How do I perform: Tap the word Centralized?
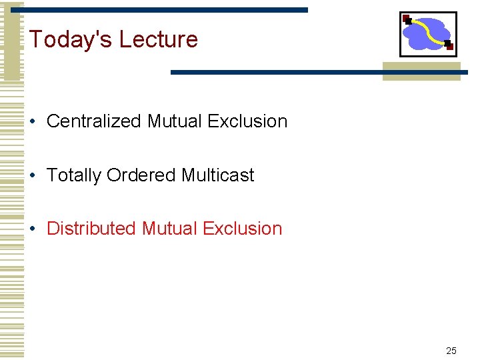94,121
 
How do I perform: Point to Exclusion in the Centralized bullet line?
247,121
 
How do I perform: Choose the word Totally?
74,175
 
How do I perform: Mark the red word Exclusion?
242,228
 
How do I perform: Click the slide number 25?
451,351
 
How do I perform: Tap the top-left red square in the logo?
406,19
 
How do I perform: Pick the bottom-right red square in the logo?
449,46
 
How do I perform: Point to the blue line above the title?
167,10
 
